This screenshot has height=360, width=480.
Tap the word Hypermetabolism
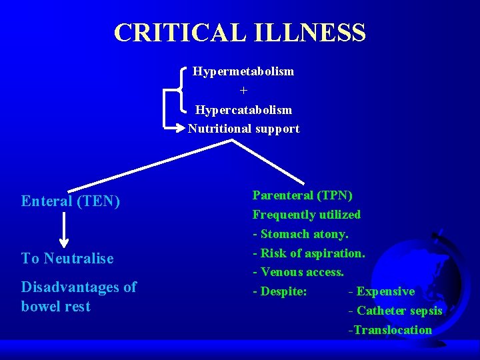tap(243, 71)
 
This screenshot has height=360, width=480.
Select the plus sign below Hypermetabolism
tap(243, 90)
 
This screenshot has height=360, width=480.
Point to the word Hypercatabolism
tap(243, 109)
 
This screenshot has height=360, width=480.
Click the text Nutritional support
tap(243, 129)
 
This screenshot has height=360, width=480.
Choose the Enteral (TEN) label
tap(71, 201)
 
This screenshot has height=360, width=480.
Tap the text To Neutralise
tap(67, 259)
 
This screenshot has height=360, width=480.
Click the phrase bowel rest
tap(55, 307)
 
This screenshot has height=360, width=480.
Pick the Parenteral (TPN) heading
tap(303, 195)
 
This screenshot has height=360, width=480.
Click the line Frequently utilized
tap(306, 215)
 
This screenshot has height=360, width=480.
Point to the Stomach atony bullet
tap(301, 234)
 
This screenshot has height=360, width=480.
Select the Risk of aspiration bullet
tap(309, 253)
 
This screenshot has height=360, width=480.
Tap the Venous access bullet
tap(299, 272)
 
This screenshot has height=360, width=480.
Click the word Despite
tap(283, 291)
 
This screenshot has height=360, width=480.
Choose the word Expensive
tap(385, 291)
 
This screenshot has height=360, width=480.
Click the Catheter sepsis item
tap(395, 311)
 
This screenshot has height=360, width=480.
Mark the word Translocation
tap(391, 330)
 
